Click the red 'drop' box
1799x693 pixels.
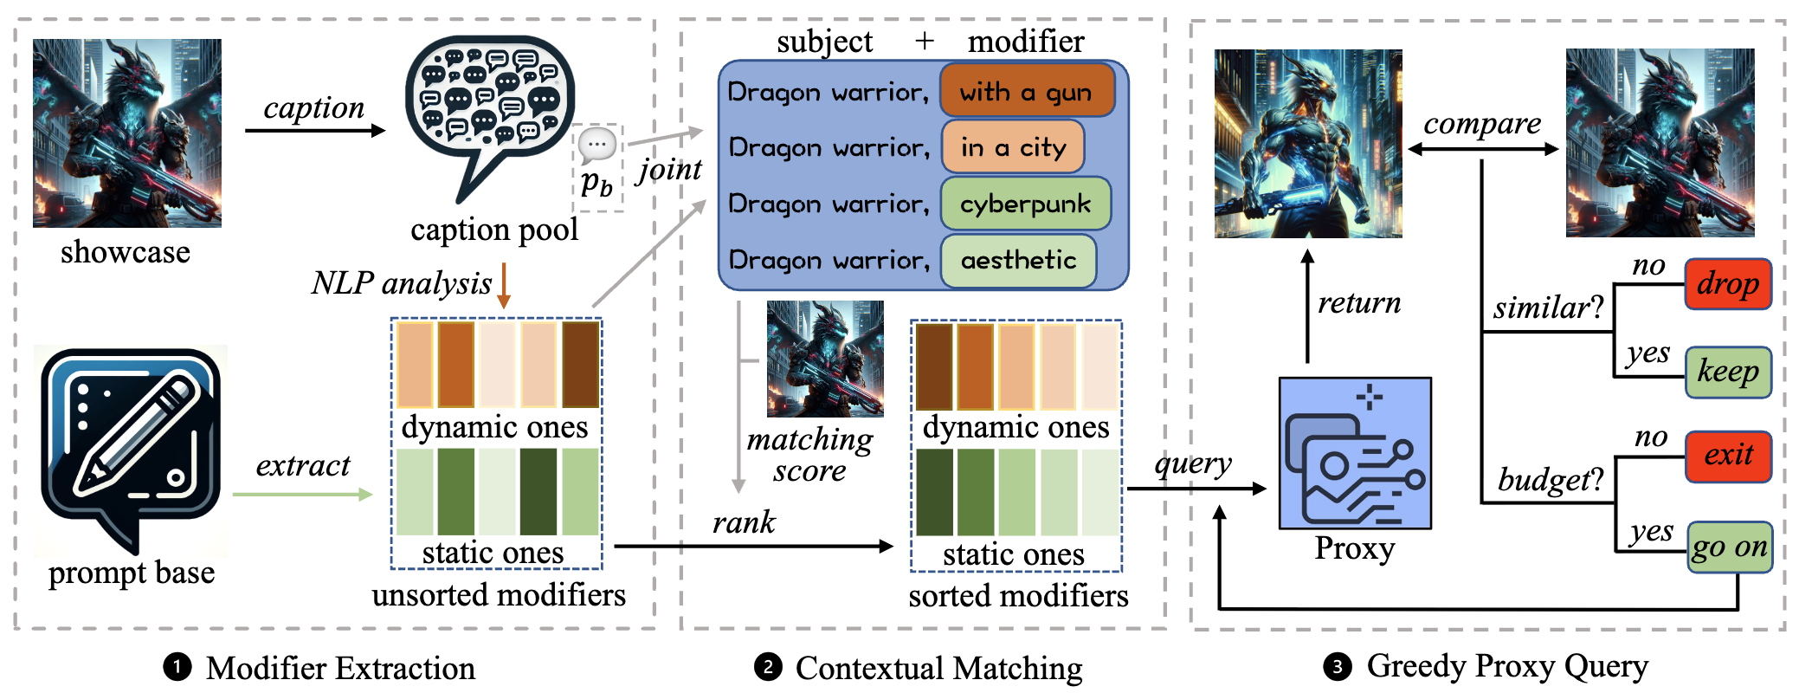coord(1727,283)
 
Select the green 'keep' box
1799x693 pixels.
coord(1727,372)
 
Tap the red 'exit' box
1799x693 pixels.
coord(1727,456)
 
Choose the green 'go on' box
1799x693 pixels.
coord(1729,547)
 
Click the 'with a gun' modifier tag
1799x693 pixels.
coord(1026,91)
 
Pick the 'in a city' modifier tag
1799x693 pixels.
coord(1011,147)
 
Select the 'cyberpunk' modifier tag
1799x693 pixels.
coord(1025,204)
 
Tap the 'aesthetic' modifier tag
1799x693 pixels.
coord(1018,260)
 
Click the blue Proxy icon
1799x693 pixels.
coord(1355,453)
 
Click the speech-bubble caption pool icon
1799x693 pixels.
coord(489,108)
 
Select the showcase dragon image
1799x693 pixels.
coord(127,133)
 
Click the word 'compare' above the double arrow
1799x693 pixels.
coord(1482,123)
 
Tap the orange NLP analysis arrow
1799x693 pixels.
coord(504,286)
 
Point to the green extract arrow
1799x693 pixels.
coord(302,495)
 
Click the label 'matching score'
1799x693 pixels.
coord(809,455)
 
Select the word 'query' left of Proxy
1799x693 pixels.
coord(1193,463)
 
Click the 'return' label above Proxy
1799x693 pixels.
coord(1358,302)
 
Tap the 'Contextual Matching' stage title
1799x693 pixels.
coord(938,668)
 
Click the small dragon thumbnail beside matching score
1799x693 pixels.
coord(825,359)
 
